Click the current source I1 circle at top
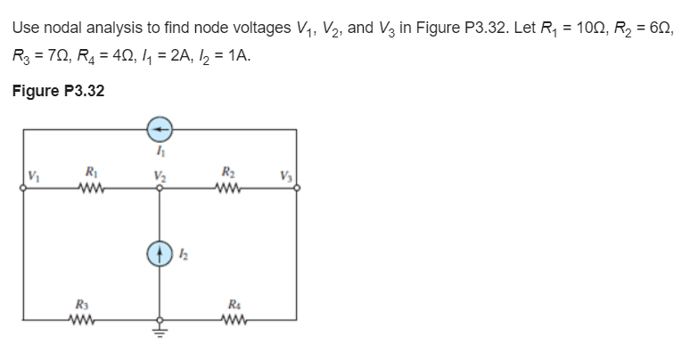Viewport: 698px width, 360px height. tap(160, 129)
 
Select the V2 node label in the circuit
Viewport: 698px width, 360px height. tap(160, 176)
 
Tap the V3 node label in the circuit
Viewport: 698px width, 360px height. tap(284, 176)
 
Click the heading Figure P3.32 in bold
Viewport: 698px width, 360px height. tap(58, 90)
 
